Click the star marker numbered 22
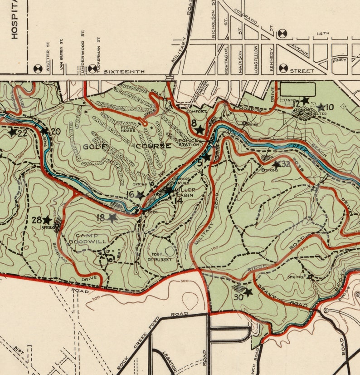(x=12, y=132)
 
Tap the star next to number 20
(x=44, y=131)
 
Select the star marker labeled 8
(x=199, y=130)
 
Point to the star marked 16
(x=141, y=195)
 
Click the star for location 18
(x=112, y=217)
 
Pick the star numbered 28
(x=47, y=220)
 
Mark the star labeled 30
(x=248, y=292)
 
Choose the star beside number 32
(x=276, y=164)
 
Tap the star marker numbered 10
(x=321, y=107)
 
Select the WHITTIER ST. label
(x=47, y=57)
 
